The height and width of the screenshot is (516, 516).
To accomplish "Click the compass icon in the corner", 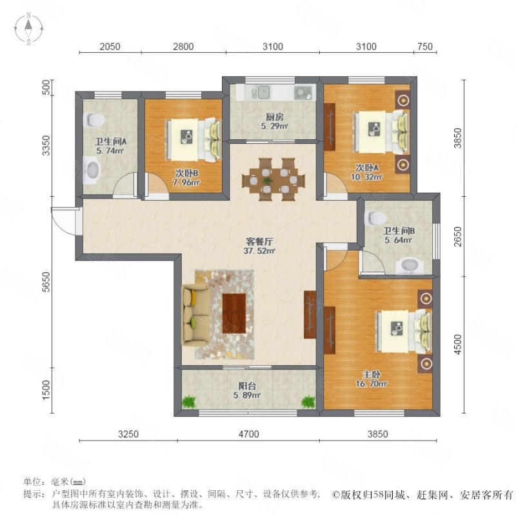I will click(29, 29).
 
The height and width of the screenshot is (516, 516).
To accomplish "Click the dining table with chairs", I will click(270, 179).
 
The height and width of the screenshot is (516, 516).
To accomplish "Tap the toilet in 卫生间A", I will click(95, 120).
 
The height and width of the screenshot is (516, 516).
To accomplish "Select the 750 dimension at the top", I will click(424, 46).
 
